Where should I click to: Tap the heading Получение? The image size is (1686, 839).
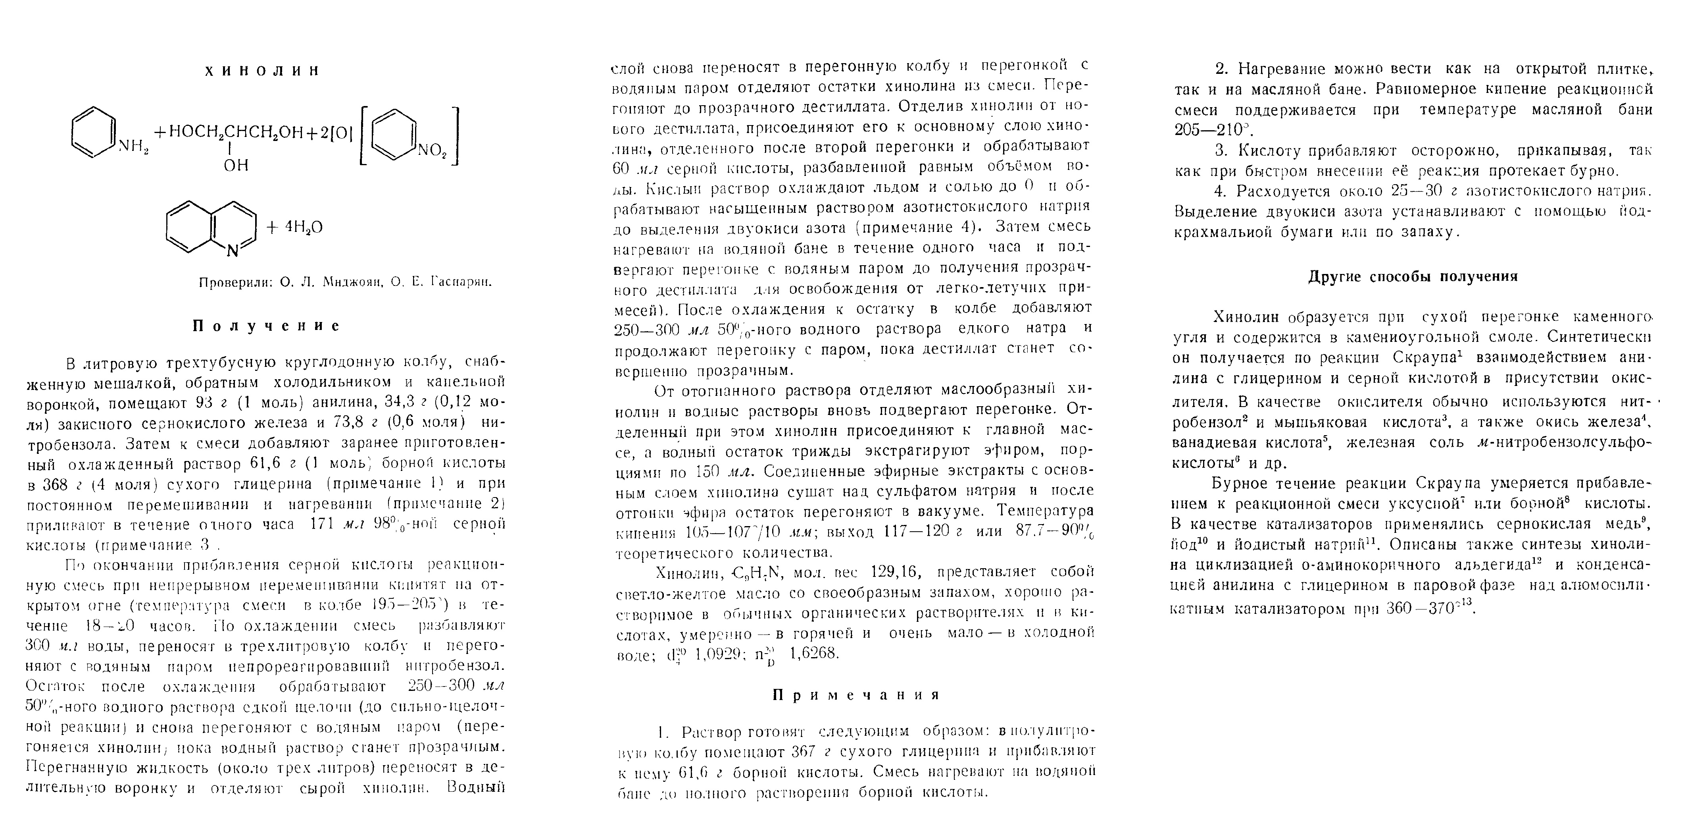(266, 326)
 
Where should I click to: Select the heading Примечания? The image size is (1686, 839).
(856, 694)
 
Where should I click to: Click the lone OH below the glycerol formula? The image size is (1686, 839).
(236, 166)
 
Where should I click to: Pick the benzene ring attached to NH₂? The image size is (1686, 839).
(93, 133)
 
